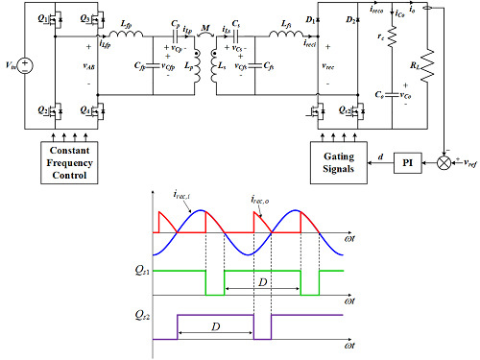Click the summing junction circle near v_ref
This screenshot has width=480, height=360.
[x=443, y=163]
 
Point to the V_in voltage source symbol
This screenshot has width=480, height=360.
[x=24, y=67]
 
